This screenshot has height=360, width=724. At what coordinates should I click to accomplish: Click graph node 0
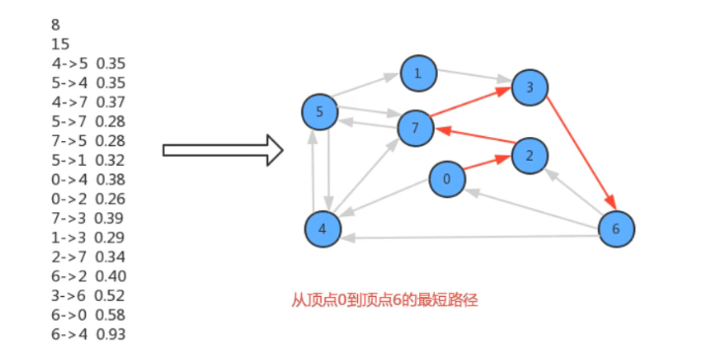pos(447,179)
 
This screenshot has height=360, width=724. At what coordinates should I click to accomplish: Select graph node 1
pos(418,73)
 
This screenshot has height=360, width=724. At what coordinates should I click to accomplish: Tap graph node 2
pos(530,156)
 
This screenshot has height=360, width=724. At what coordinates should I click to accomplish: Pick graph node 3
pos(530,88)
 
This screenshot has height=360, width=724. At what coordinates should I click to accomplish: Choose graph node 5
pos(319,111)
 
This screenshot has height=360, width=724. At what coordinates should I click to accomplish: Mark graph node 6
pos(616,229)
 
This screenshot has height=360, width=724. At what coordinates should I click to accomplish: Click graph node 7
pos(415,128)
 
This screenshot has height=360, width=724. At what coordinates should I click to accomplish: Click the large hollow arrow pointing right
pos(223,150)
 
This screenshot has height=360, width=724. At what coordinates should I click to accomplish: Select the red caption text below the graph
pos(385,300)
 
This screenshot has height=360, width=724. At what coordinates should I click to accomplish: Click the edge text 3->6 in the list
pos(69,295)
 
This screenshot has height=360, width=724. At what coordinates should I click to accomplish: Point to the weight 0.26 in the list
pos(110,198)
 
